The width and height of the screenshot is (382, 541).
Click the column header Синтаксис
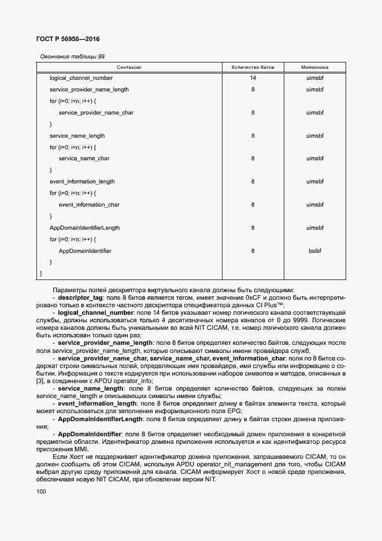pyautogui.click(x=129, y=68)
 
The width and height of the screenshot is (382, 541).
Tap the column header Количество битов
pyautogui.click(x=253, y=68)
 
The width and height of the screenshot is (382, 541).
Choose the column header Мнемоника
pyautogui.click(x=315, y=68)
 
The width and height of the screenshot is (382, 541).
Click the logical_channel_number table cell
pyautogui.click(x=81, y=78)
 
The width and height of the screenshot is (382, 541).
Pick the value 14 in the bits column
pyautogui.click(x=253, y=78)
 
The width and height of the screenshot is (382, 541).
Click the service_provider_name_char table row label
pyautogui.click(x=96, y=112)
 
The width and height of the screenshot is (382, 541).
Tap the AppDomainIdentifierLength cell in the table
pyautogui.click(x=85, y=228)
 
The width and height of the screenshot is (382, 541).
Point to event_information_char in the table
pyautogui.click(x=89, y=205)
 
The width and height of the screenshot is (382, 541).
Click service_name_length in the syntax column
pyautogui.click(x=77, y=136)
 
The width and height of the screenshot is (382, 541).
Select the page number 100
pyautogui.click(x=40, y=492)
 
